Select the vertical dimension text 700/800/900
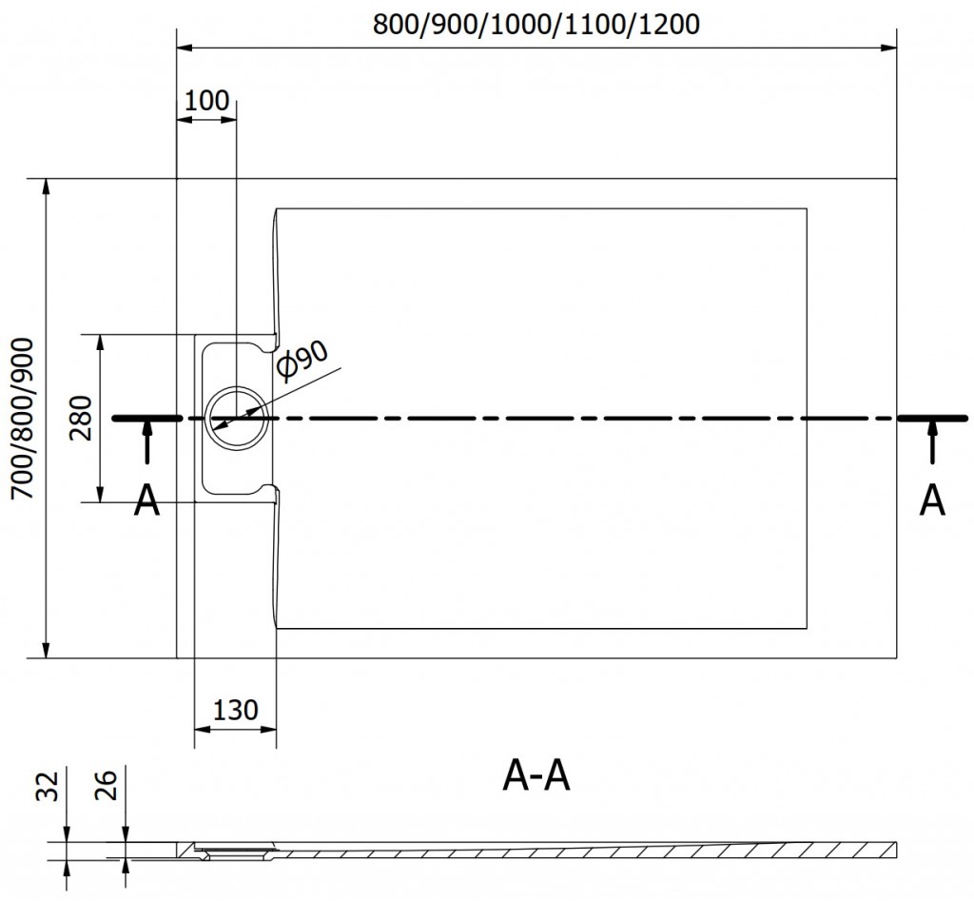point(22,419)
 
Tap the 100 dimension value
point(206,100)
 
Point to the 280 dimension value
point(81,419)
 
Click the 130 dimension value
point(235,710)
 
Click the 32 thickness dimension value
point(51,788)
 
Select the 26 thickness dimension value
point(107,788)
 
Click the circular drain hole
point(236,418)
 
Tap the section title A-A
point(536,777)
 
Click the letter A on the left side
point(146,500)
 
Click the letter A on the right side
point(933,500)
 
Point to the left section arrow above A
point(146,443)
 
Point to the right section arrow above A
point(933,443)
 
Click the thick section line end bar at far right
point(933,418)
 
